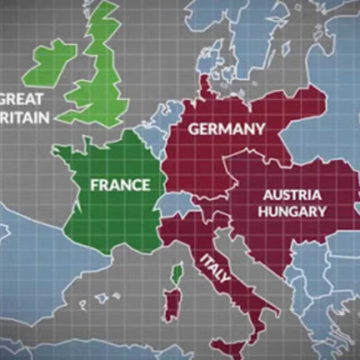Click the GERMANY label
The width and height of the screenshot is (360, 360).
pos(226,130)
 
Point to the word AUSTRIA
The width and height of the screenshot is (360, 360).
pos(292,194)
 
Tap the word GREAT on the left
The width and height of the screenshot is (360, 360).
pos(22,98)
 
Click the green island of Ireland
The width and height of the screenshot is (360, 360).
pos(50,63)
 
